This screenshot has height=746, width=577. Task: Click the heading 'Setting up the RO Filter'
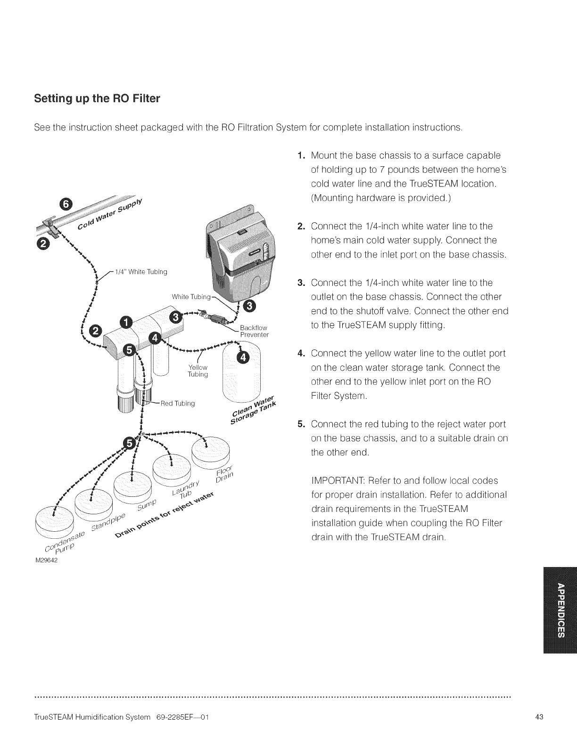pyautogui.click(x=97, y=99)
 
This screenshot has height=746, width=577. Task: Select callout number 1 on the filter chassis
pyautogui.click(x=127, y=322)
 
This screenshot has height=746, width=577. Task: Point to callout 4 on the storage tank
pyautogui.click(x=243, y=357)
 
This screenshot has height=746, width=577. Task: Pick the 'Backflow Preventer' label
pyautogui.click(x=254, y=332)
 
